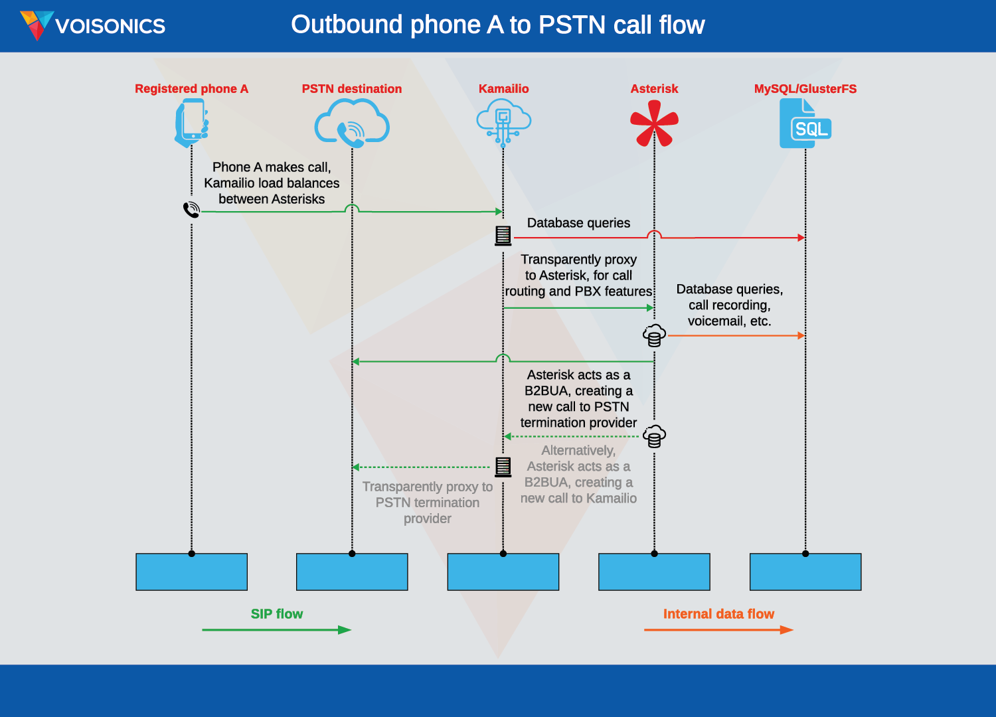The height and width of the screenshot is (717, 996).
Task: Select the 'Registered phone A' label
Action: (x=191, y=89)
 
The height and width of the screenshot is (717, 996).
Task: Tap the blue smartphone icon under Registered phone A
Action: (x=191, y=122)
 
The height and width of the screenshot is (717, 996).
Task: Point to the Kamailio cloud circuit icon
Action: (x=503, y=121)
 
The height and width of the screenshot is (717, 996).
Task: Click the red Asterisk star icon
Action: (x=654, y=123)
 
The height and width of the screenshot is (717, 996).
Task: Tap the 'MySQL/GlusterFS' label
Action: (x=805, y=89)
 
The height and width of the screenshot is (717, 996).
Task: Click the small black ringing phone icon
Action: (x=191, y=210)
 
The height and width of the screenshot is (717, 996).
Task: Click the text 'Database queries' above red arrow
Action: (x=578, y=223)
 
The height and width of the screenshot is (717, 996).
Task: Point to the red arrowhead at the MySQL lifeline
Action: (x=801, y=237)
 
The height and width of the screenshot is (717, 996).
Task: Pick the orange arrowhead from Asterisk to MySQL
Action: (x=801, y=336)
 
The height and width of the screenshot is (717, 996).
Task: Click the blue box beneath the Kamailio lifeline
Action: (x=503, y=572)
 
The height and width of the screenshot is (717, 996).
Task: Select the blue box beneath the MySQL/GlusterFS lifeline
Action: (x=805, y=572)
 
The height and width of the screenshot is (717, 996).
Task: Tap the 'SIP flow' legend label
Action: (x=276, y=614)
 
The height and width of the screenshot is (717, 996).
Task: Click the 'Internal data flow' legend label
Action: (x=718, y=614)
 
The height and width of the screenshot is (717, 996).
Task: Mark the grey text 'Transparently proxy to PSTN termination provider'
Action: (x=428, y=503)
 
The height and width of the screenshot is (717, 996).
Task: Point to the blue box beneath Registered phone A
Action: (x=191, y=572)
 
